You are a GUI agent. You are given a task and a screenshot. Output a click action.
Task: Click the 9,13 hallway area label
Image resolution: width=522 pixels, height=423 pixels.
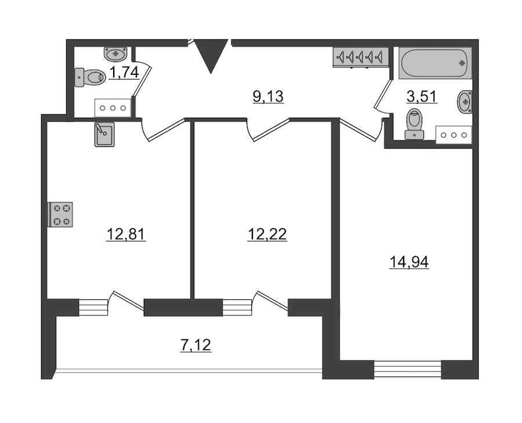point(268,97)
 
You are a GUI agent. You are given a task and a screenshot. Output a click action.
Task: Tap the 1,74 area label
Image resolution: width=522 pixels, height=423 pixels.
point(124,73)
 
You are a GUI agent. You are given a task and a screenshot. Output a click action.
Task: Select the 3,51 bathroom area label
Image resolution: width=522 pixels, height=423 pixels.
point(422,96)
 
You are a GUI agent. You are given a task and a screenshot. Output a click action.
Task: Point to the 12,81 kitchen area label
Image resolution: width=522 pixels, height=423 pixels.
point(126,234)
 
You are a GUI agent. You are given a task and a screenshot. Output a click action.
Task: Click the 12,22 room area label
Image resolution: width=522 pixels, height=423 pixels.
point(267,234)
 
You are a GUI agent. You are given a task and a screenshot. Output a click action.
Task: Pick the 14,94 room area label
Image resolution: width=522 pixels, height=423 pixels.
point(409,262)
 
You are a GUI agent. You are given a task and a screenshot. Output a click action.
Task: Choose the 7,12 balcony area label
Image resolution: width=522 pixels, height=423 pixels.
point(196,345)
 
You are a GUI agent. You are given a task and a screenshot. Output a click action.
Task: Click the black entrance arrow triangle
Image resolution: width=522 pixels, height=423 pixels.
point(211,55)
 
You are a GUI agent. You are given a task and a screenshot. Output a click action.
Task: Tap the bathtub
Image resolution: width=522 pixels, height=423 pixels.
point(436,63)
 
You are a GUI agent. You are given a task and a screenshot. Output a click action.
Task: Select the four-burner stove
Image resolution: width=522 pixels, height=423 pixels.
point(60,215)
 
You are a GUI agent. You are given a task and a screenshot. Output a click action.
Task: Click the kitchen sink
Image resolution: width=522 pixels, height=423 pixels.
point(104,134)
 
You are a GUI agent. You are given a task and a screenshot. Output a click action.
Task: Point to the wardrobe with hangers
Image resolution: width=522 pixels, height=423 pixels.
point(361,57)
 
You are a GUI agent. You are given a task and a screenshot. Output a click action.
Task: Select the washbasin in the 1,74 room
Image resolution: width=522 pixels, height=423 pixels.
point(115,54)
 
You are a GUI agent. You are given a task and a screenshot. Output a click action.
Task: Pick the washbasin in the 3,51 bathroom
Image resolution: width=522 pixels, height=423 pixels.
point(465,102)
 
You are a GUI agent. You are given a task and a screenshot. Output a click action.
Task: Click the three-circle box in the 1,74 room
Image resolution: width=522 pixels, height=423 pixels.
point(113,108)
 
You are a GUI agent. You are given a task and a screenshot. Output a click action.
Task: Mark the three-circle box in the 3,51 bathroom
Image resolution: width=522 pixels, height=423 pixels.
point(454,135)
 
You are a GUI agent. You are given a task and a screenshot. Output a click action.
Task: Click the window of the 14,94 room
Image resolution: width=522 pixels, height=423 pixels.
point(408,369)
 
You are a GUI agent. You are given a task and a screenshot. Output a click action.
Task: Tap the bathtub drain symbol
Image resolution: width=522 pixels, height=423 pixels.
point(462,63)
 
